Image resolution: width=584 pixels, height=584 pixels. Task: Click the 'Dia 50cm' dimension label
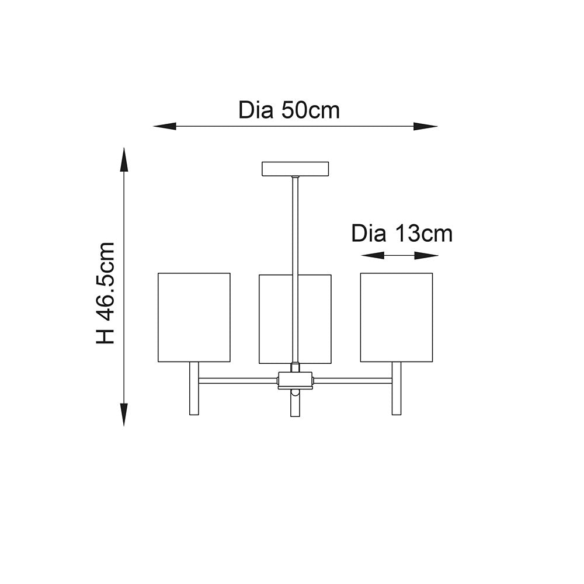click(288, 110)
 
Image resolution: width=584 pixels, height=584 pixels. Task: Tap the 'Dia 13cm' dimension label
click(402, 234)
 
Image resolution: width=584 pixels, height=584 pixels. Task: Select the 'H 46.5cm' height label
click(106, 293)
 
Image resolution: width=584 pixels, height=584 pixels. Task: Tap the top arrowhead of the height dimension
click(124, 158)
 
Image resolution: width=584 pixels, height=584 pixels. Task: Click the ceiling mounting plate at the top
click(295, 169)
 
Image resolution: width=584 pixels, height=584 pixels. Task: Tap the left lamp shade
click(194, 317)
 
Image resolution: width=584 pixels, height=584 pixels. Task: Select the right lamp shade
click(397, 317)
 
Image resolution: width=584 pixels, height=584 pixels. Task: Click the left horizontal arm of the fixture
click(238, 381)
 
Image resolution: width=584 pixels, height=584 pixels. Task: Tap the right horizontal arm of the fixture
click(353, 381)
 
